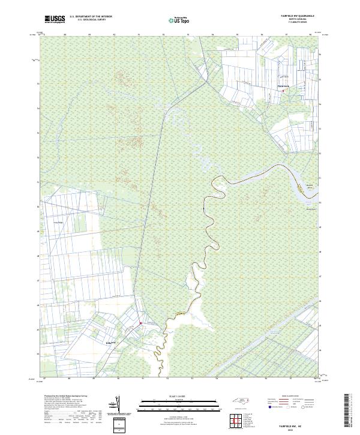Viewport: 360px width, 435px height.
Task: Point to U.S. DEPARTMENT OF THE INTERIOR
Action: coord(91,17)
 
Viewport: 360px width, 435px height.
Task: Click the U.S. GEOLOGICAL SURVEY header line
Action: coord(91,20)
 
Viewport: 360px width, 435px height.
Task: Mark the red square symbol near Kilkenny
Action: coord(141,323)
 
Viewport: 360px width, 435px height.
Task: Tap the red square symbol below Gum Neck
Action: coord(284,91)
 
